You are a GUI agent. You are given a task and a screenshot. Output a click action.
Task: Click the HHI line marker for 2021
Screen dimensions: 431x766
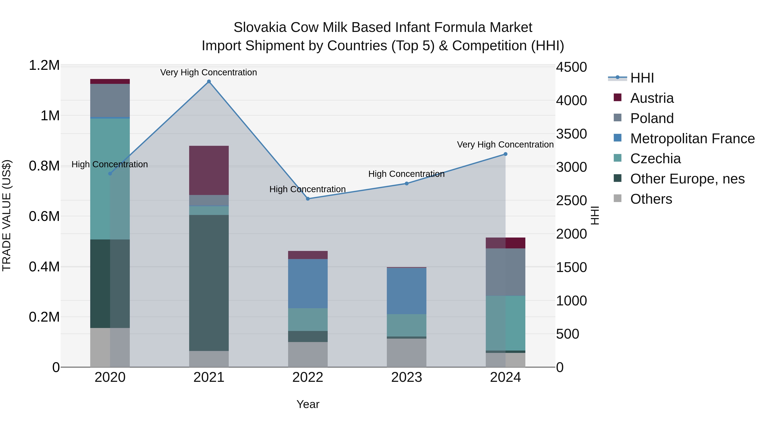pos(209,82)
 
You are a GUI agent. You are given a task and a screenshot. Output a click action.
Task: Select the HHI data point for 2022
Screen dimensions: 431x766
pos(308,199)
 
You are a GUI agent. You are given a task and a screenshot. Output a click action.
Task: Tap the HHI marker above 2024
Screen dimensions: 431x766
pos(505,154)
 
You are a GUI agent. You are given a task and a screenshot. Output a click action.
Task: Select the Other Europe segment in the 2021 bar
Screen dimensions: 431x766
pos(209,283)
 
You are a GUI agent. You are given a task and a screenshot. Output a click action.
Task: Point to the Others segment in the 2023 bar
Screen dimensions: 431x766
pos(406,352)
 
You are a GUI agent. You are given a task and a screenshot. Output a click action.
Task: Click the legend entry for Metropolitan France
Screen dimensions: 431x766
pos(692,139)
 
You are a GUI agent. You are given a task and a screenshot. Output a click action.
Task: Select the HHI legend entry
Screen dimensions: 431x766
pos(642,78)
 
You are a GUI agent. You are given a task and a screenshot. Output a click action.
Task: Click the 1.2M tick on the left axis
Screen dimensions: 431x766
pos(44,65)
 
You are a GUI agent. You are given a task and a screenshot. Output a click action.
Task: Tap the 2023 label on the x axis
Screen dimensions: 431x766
pos(406,377)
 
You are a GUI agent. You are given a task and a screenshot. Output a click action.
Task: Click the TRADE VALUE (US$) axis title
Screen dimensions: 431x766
pos(7,216)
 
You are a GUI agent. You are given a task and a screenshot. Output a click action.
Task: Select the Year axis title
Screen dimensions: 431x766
pos(308,404)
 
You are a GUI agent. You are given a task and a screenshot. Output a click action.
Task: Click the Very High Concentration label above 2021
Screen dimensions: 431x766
pos(209,72)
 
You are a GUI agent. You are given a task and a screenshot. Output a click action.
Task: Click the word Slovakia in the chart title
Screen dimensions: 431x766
pos(259,27)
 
